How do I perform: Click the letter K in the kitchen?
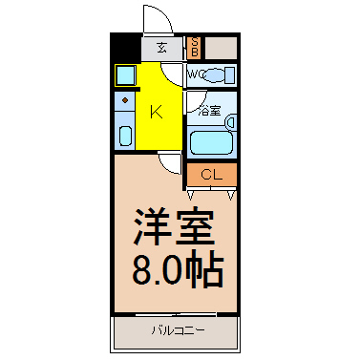[157, 111]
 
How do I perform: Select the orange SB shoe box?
[194, 47]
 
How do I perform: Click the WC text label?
[196, 74]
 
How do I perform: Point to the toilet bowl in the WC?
[219, 75]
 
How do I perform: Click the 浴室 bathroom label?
[208, 110]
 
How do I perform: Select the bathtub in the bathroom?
[212, 141]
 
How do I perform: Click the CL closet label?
[211, 175]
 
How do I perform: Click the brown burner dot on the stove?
[125, 99]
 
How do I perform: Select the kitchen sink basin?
[125, 133]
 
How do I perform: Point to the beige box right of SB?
[221, 47]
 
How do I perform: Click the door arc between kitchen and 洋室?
[170, 163]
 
